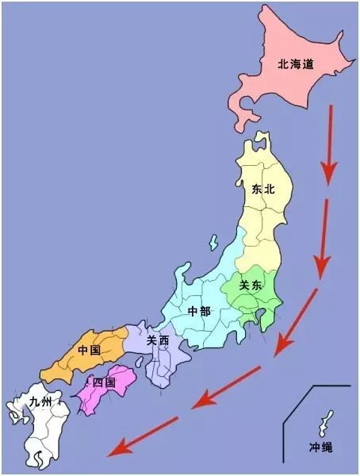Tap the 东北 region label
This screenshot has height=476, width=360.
(x=263, y=190)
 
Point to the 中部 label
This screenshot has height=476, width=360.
(x=199, y=311)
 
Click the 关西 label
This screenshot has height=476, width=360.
(x=158, y=340)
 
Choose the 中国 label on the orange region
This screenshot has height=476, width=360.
(x=89, y=350)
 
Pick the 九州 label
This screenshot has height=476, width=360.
(x=40, y=402)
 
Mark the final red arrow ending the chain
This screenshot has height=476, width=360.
(x=143, y=437)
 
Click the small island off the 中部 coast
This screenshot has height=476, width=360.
(x=213, y=240)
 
